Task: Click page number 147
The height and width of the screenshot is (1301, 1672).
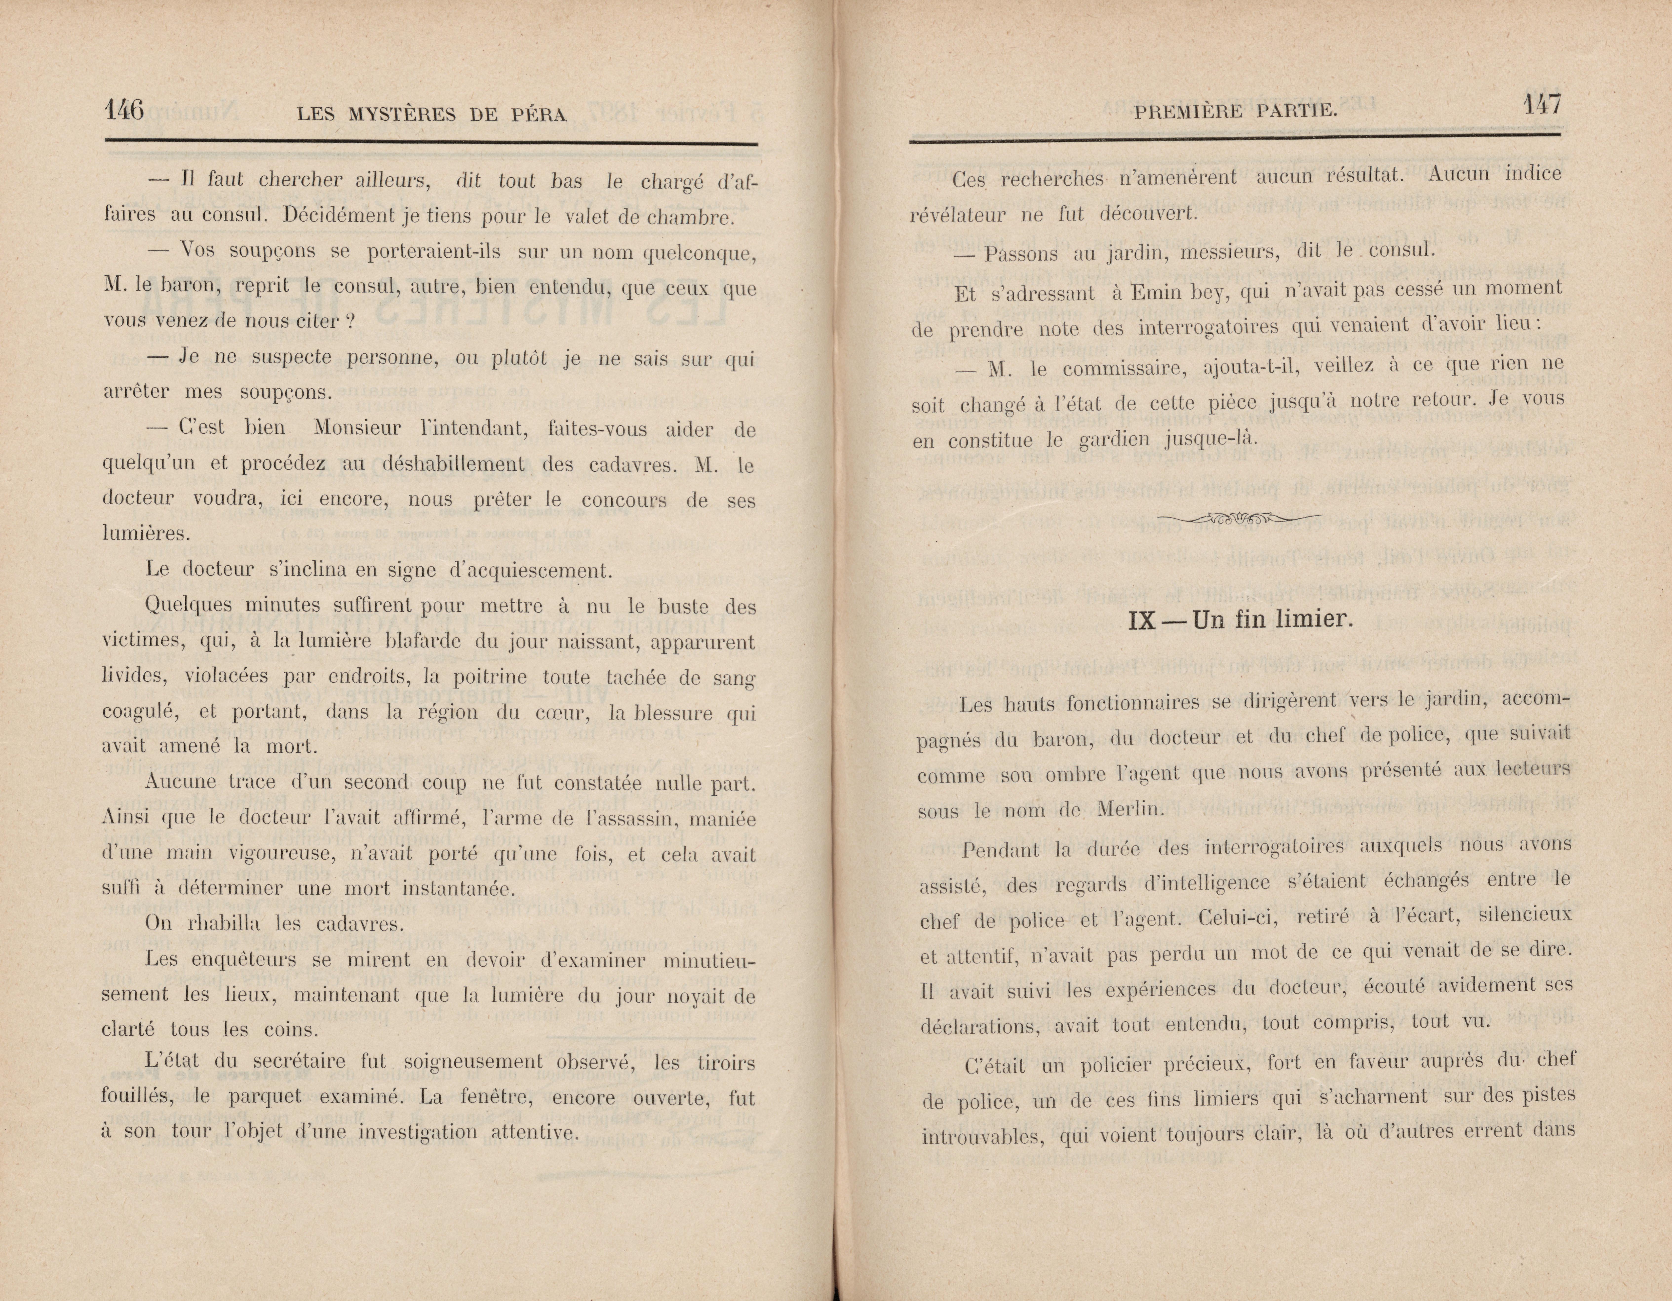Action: pos(1540,105)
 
